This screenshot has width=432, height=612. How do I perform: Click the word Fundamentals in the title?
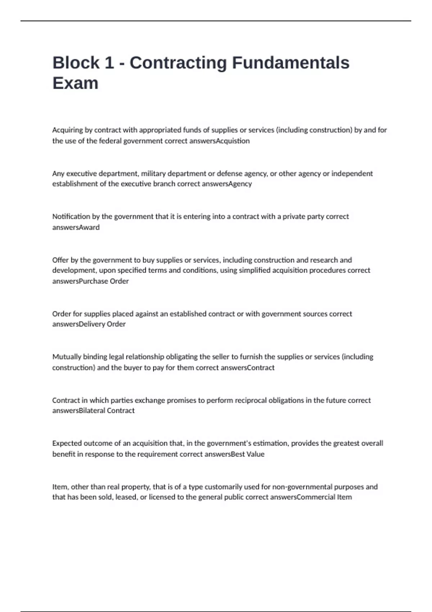(x=291, y=63)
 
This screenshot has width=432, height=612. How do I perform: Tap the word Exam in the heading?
(x=75, y=84)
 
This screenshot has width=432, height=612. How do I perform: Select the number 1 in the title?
(x=109, y=63)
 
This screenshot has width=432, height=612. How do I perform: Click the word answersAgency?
(x=227, y=184)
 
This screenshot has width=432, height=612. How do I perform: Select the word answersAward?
(x=76, y=228)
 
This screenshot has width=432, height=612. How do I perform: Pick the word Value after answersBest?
(x=256, y=454)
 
